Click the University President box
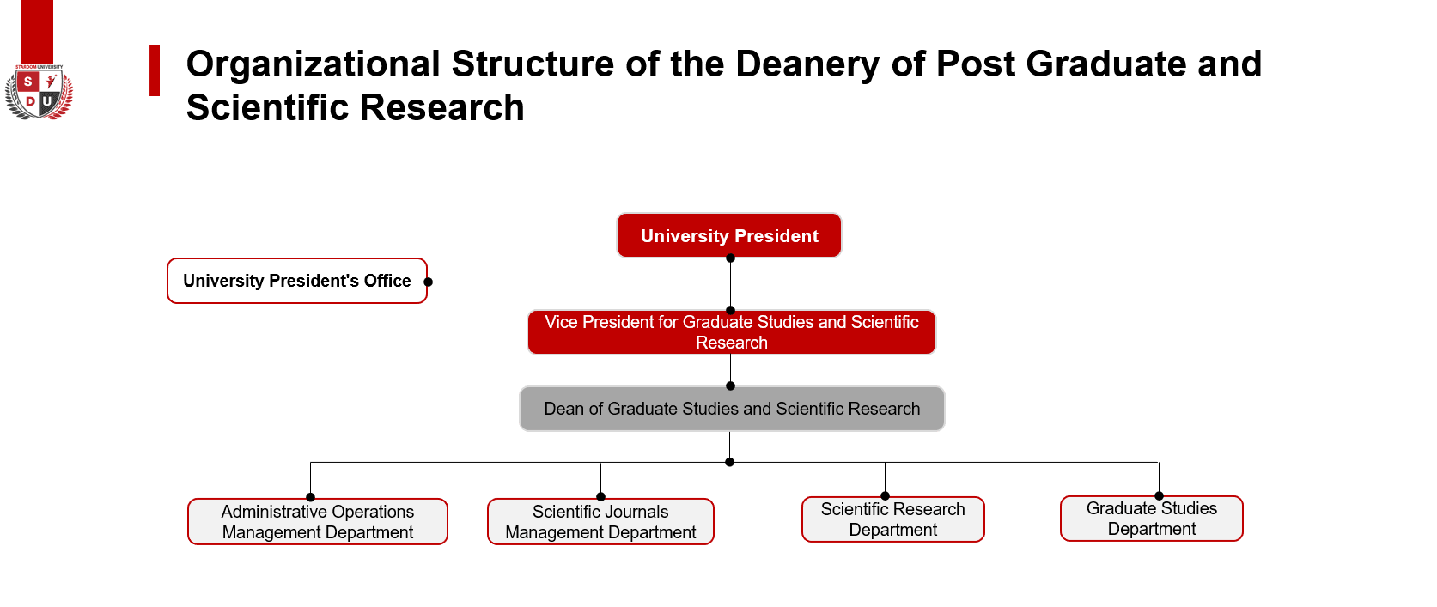tap(728, 235)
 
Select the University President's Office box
tap(297, 281)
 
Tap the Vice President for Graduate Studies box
tap(731, 332)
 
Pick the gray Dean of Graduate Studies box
tap(732, 409)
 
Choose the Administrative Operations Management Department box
tap(318, 522)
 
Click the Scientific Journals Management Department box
tap(600, 522)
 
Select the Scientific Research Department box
tap(893, 519)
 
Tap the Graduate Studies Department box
tap(1152, 519)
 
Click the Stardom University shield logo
tap(39, 93)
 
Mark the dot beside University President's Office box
tap(429, 282)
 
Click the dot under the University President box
tap(730, 258)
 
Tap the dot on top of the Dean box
tap(730, 385)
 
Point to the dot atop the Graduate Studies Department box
tap(1159, 496)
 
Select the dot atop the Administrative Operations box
tap(310, 497)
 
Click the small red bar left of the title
tap(155, 70)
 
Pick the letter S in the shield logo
tap(27, 82)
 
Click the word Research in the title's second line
tap(442, 107)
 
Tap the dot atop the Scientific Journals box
tap(600, 497)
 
